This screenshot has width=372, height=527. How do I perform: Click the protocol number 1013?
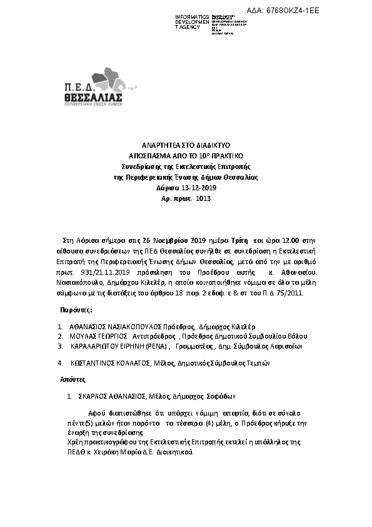point(203,198)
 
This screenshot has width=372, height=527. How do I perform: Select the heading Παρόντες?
point(77,310)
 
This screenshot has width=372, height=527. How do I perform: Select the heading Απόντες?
point(73,380)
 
